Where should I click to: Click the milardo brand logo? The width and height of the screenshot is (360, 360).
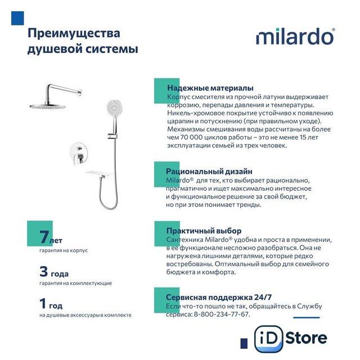tap(295, 36)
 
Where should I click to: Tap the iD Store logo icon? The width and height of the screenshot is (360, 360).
tap(268, 339)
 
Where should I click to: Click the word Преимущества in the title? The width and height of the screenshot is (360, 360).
tap(74, 34)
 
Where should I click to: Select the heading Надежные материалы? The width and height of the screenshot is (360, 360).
tap(210, 88)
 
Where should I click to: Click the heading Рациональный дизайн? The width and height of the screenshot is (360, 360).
tap(209, 171)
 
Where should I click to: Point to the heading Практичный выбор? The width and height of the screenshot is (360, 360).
tap(204, 231)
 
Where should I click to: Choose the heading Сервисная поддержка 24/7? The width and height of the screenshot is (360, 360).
tap(219, 297)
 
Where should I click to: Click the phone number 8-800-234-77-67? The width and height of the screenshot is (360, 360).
tap(221, 314)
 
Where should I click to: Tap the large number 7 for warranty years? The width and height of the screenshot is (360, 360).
tap(44, 237)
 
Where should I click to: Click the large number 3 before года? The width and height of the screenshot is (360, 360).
tap(44, 271)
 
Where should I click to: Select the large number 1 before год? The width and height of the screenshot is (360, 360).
tap(43, 303)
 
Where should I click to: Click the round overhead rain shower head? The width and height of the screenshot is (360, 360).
tap(48, 106)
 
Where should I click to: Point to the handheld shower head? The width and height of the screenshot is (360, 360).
tap(115, 107)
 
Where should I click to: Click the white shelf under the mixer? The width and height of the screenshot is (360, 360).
tap(100, 173)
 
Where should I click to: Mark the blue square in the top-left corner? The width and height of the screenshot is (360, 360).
tap(17, 18)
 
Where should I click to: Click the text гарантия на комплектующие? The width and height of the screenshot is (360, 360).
tap(75, 283)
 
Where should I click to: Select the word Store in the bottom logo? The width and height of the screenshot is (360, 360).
tap(306, 338)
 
